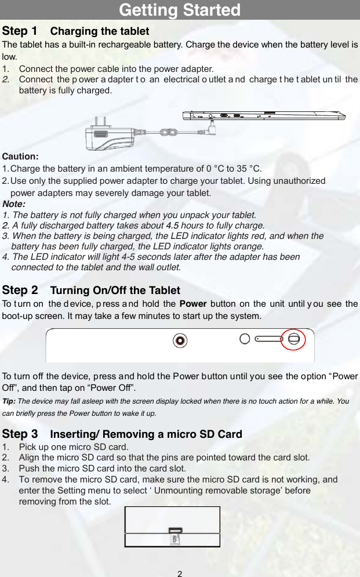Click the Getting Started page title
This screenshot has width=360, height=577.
(x=180, y=10)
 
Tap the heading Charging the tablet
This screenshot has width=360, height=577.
(x=100, y=31)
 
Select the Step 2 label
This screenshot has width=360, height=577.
(x=20, y=290)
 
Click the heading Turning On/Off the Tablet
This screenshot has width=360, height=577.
(x=115, y=291)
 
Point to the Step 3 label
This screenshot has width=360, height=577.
(x=20, y=434)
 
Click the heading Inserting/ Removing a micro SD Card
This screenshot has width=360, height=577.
(x=146, y=434)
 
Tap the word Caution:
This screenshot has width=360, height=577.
(x=21, y=157)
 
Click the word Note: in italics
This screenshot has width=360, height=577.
(x=14, y=204)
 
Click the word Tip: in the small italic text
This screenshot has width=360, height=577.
(x=9, y=401)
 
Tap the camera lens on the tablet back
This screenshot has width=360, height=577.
(x=180, y=340)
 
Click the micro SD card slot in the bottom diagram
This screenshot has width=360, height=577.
(x=174, y=530)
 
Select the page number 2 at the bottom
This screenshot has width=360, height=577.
(x=180, y=574)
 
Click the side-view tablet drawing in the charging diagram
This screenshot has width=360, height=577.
(x=264, y=115)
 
